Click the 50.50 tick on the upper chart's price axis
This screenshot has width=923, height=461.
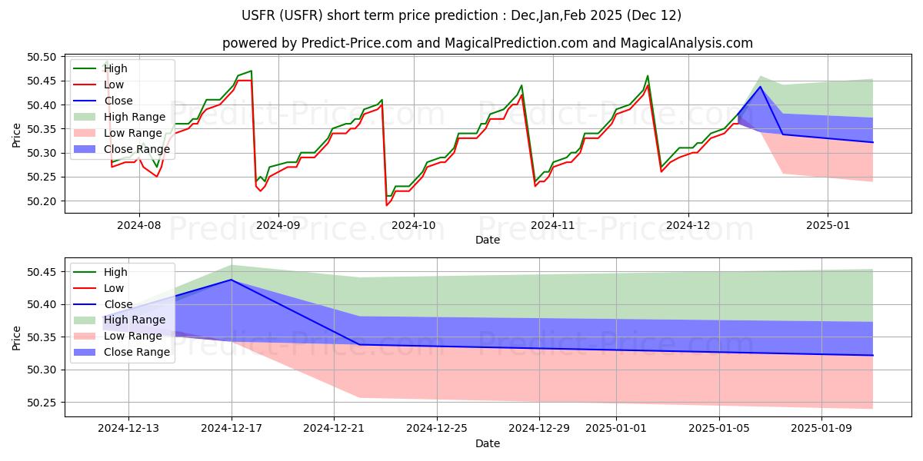(44, 57)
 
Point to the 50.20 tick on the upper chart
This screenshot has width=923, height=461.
(44, 201)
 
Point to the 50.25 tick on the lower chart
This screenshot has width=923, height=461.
(44, 403)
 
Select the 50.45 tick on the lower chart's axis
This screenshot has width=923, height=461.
(44, 272)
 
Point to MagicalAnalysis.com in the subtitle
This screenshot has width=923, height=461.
(677, 43)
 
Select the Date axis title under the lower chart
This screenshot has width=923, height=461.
(488, 443)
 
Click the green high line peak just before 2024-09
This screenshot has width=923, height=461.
(251, 71)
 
